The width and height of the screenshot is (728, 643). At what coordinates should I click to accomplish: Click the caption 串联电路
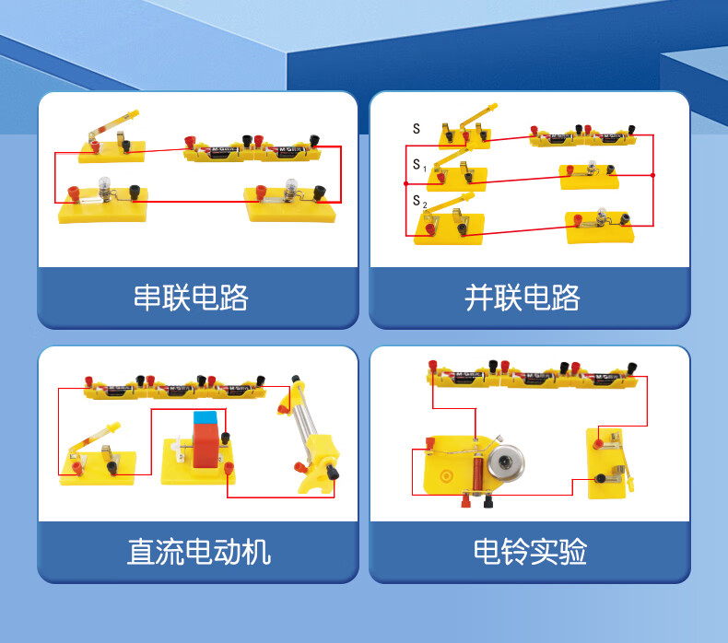point(191,298)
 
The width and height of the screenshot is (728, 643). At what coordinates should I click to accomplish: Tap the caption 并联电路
point(523,298)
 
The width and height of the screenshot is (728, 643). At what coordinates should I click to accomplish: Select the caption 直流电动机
point(199,552)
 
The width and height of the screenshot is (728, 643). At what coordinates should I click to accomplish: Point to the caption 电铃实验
point(530,552)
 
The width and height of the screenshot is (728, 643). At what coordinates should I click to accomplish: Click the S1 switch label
point(419,165)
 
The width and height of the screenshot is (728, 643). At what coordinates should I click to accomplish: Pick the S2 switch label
point(419,201)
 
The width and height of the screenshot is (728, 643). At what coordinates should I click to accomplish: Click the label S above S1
point(417,129)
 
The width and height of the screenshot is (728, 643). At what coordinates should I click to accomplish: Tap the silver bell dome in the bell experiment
point(506,462)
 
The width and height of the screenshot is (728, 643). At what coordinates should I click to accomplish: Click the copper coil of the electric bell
point(476,473)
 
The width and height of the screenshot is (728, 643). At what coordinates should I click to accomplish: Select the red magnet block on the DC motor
point(205,446)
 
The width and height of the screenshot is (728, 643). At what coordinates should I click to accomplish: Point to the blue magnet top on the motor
point(205,418)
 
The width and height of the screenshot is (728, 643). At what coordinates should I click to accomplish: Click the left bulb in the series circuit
point(104,184)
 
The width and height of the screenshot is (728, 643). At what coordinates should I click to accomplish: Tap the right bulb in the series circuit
point(291,186)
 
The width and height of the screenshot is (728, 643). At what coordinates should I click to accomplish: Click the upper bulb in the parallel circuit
point(592,165)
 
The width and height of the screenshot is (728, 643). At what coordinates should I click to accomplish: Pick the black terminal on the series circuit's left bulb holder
point(135,192)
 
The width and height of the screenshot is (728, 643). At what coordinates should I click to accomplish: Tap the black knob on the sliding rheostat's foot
point(333,473)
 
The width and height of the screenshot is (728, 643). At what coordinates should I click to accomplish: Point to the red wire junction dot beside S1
point(406,184)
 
